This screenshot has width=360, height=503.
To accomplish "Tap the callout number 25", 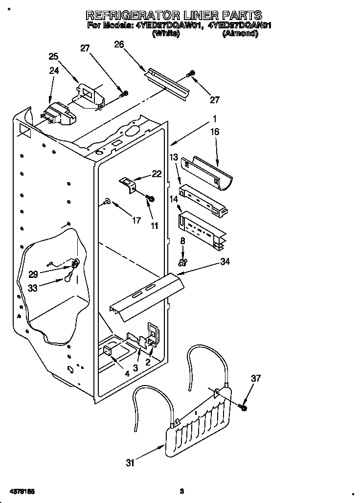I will [53, 56].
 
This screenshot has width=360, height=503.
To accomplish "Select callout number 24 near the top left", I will [54, 70].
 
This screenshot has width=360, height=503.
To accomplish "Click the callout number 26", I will [119, 45].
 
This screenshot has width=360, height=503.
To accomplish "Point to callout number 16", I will [215, 132].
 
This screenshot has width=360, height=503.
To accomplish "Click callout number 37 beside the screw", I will [256, 378].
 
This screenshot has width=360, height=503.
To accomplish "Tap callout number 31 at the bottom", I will [130, 463].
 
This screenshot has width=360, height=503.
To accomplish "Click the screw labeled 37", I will [243, 407].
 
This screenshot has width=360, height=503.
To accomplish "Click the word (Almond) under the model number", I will [240, 34].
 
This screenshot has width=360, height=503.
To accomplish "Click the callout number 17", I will [137, 221].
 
